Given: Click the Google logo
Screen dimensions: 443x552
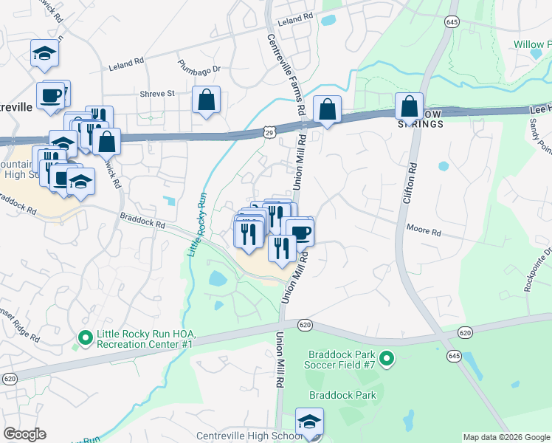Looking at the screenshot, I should tap(24, 434).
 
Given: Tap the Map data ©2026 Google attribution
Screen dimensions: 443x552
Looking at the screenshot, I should tap(506, 437).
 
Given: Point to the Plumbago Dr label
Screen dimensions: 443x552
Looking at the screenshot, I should tap(199, 69).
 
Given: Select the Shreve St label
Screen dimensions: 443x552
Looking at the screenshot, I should tap(157, 94).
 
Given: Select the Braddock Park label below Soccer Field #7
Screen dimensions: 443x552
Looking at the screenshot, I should tap(342, 395).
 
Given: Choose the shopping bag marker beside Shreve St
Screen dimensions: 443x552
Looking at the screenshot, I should tap(206, 99).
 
